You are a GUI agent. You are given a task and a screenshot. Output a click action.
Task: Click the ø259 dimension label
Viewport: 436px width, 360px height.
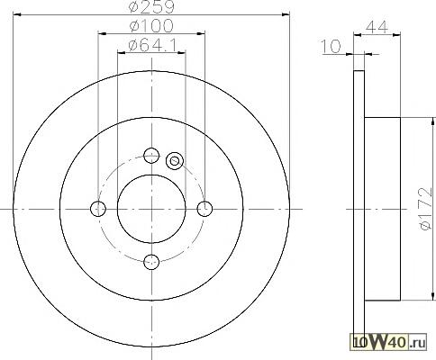(x=151, y=7)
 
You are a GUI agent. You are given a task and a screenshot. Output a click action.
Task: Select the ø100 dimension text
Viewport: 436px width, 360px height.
(x=151, y=26)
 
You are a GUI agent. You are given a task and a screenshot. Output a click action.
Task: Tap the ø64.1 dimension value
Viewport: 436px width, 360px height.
(x=152, y=45)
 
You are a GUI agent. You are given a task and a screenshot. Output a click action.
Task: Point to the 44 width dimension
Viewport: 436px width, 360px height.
(x=377, y=27)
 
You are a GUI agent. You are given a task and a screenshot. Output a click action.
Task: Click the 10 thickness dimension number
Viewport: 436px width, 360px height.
(x=332, y=47)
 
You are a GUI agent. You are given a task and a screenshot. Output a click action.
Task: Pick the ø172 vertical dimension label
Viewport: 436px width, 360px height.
(x=426, y=209)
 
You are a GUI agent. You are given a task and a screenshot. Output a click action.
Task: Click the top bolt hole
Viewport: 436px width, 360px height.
(x=151, y=155)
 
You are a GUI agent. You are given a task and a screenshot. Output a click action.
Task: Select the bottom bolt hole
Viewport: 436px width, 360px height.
(x=151, y=262)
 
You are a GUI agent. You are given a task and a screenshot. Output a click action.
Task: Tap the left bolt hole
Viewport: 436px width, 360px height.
(x=98, y=209)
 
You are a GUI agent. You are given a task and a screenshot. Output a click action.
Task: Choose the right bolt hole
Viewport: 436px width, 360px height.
(x=204, y=209)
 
